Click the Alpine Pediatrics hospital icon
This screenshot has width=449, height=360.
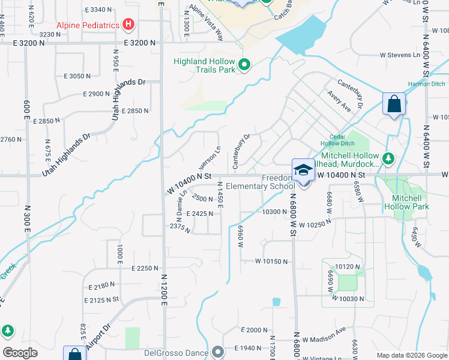[127, 25]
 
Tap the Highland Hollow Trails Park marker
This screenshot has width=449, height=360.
[244, 64]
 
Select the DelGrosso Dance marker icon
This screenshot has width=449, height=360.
[217, 351]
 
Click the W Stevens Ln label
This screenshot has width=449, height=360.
[402, 55]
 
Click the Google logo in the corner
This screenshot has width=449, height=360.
[20, 353]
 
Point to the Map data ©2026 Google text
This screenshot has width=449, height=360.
[411, 355]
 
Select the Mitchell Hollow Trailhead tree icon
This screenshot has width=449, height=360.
[389, 158]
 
